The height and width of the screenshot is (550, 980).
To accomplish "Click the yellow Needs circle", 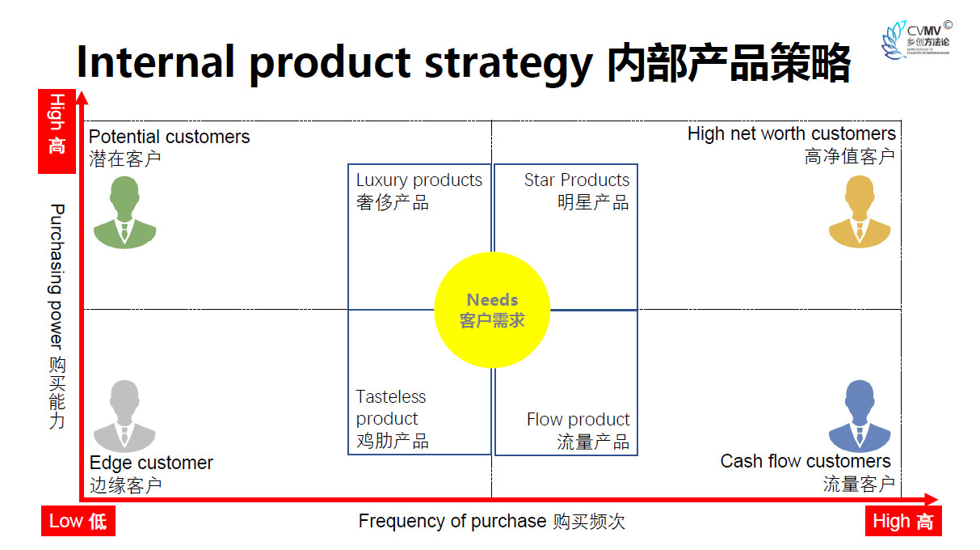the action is (492, 310).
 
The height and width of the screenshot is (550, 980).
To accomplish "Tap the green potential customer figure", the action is (124, 213).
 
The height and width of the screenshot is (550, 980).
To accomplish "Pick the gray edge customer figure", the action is (124, 416).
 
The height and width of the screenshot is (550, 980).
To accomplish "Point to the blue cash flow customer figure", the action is (860, 416).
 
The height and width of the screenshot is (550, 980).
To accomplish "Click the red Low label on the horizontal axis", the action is (78, 521).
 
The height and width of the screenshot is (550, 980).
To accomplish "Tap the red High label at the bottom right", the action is (903, 521).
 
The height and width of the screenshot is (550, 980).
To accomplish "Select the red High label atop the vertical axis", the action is (57, 131).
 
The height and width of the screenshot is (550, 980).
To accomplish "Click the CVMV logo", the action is (916, 40).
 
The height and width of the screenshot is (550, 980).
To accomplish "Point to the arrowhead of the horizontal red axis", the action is (932, 499).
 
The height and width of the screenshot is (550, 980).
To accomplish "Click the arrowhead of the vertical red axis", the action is (82, 98).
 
